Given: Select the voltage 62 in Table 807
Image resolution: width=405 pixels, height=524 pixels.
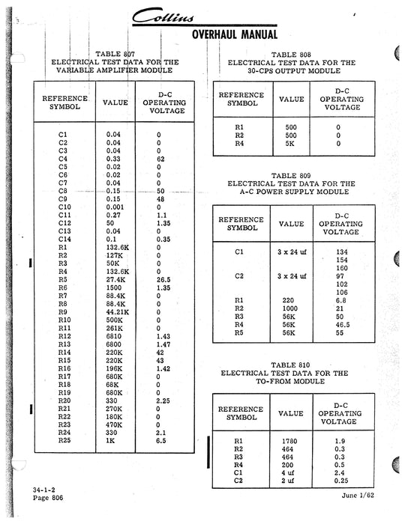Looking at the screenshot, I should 160,159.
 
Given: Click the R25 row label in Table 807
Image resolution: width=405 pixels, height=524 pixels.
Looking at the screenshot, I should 64,442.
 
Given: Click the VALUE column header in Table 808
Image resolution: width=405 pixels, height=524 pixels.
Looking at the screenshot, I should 292,99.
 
